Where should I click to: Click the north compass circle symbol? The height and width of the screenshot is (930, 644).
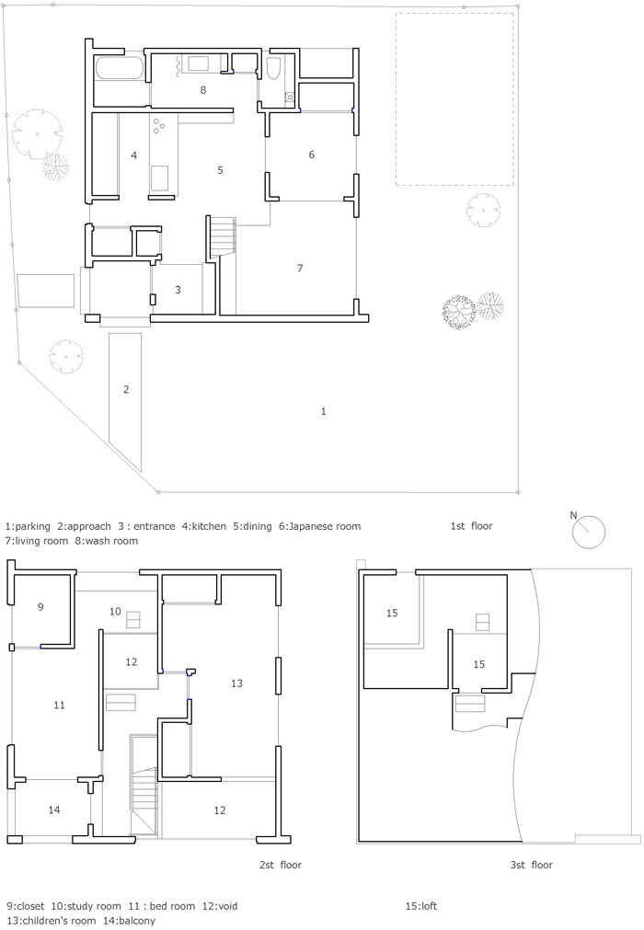tap(589, 532)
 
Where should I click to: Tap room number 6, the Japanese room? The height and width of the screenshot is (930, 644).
tap(311, 155)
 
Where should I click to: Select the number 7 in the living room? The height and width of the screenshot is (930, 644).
tap(300, 269)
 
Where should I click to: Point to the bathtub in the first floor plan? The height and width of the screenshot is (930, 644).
tap(119, 68)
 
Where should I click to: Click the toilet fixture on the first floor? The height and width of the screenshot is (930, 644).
tap(273, 68)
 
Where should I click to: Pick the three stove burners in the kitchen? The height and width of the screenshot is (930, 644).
tap(159, 124)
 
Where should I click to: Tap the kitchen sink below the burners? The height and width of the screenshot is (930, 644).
tap(159, 176)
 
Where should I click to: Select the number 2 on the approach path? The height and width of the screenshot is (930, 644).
tap(126, 390)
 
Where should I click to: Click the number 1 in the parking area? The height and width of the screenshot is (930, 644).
tap(323, 411)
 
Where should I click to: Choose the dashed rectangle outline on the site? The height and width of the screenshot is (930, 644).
tap(454, 99)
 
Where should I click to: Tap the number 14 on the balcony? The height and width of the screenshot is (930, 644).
tap(54, 809)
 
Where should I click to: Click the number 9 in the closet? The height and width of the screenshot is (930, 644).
tap(40, 607)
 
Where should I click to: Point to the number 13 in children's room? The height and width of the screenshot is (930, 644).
tap(236, 683)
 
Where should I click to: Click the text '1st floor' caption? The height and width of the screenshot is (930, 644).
tap(471, 526)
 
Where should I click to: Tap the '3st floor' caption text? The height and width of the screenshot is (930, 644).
tap(532, 865)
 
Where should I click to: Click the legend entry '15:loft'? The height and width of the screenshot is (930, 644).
tap(421, 906)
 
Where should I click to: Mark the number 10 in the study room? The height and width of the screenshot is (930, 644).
tap(115, 612)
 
